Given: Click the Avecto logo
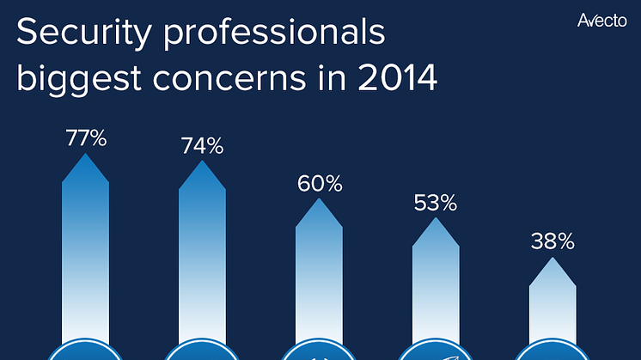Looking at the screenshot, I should [x=601, y=19].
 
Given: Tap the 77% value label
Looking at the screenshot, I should [x=86, y=138].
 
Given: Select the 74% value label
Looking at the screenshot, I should [x=202, y=146].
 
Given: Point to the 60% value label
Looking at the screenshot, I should [x=320, y=184].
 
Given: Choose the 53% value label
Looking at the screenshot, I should [x=436, y=204].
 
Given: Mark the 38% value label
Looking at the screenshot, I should [x=552, y=242].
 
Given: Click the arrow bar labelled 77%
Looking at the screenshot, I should [x=86, y=249].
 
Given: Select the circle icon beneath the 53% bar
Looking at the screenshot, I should [x=436, y=353].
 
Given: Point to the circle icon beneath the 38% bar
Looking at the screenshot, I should [x=552, y=353].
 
